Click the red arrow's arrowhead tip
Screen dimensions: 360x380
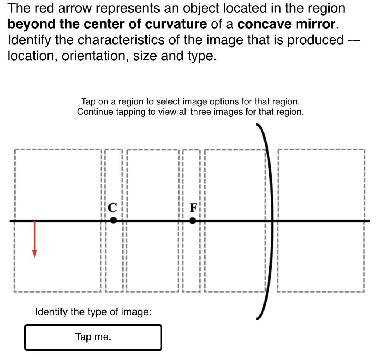(x=35, y=257)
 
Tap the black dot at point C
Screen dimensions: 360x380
(x=114, y=220)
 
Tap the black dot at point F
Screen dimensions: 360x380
(x=192, y=220)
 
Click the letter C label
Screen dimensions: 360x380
(x=112, y=207)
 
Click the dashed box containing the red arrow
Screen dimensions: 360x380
(x=57, y=186)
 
